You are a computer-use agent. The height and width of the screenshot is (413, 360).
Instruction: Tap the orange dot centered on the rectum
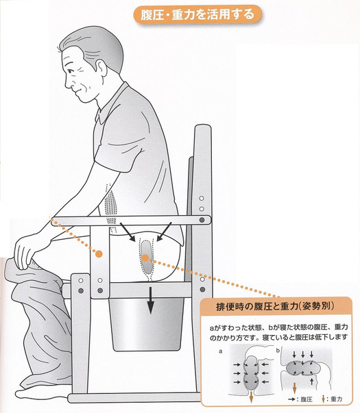coord(145,258)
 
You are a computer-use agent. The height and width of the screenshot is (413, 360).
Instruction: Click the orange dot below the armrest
coord(99,253)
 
